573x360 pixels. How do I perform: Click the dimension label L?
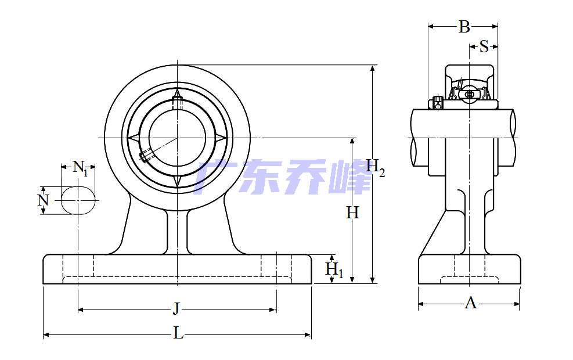178,333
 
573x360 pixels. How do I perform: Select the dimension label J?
176,308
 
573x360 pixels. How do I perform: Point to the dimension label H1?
334,270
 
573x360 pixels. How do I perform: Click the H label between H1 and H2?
352,213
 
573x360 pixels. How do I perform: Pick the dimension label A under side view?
470,303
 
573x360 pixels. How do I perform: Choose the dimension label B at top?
464,27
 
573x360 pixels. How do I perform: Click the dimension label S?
484,47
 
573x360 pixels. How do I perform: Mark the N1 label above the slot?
80,168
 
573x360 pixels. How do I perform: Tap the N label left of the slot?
42,200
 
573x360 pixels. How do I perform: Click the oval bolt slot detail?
78,200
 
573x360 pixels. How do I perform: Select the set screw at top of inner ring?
177,103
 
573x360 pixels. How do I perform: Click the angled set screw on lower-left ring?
146,155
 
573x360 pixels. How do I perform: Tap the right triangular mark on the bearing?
221,138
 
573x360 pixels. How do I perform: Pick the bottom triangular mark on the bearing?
177,181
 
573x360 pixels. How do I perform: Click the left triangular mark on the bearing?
133,138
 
